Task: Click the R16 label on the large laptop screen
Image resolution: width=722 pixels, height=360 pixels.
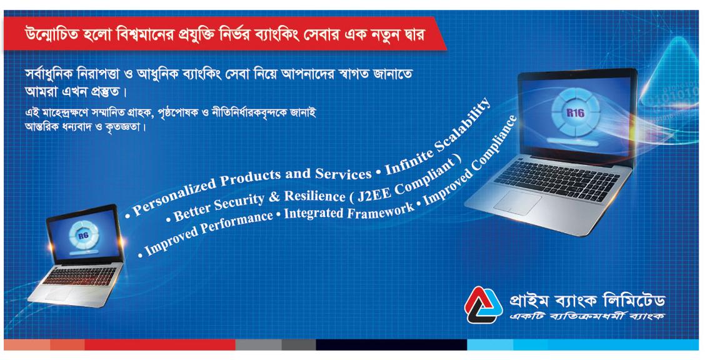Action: tap(575, 112)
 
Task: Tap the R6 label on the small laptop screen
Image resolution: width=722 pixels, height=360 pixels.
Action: tap(83, 236)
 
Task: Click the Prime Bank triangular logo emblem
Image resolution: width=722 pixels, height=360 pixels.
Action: tap(483, 304)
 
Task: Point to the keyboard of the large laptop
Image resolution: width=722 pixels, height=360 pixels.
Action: tap(556, 180)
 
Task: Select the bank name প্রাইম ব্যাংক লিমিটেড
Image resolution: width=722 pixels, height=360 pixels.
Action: tap(587, 301)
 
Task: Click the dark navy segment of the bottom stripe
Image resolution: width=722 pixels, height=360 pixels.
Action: tap(391, 344)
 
